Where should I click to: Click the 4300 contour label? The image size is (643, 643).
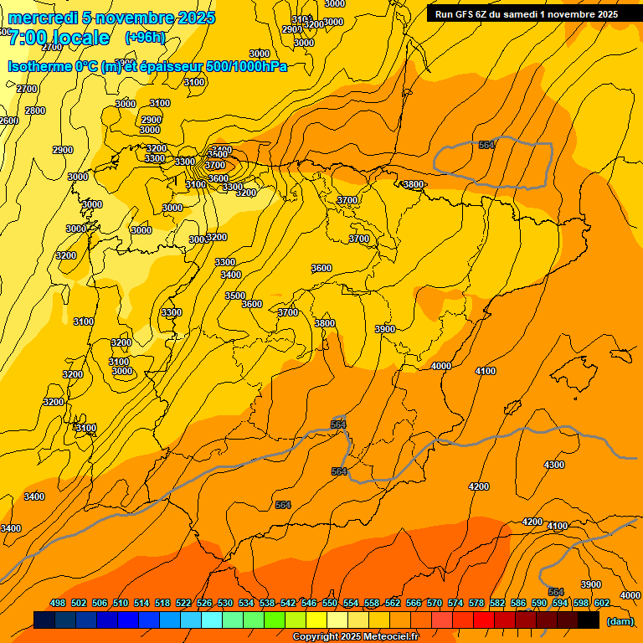553,465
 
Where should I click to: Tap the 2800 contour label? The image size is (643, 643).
35,111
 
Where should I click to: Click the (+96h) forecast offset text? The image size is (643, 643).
146,38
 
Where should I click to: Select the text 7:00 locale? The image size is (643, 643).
59,38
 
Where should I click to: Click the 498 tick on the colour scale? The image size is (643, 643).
58,603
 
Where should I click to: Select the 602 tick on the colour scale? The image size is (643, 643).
602,603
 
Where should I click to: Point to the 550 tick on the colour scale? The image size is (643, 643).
330,603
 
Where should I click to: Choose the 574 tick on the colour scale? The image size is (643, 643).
455,603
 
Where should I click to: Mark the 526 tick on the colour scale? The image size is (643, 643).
204,603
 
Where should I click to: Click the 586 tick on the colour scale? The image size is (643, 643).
518,603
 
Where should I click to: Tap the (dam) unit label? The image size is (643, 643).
620,621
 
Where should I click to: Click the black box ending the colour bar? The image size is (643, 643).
589,620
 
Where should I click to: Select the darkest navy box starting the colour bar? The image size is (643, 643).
44,620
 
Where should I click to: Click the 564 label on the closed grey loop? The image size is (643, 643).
487,145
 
